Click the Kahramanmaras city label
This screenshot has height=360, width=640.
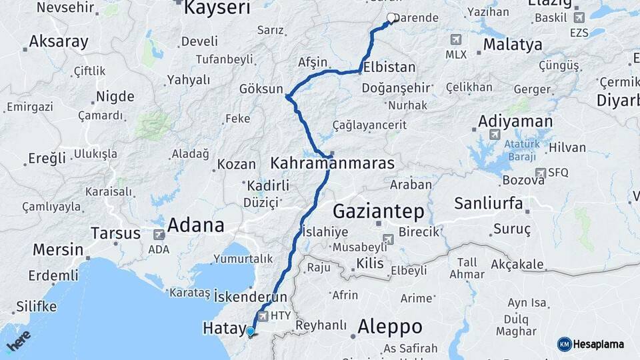tap(332, 163)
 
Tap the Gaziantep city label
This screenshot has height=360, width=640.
tap(378, 211)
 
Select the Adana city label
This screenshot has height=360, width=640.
tap(195, 225)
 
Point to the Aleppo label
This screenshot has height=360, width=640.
tap(390, 327)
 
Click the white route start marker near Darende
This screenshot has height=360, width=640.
tap(391, 18)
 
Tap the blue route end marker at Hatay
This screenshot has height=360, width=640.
tap(250, 331)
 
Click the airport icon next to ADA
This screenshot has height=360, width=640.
tap(159, 235)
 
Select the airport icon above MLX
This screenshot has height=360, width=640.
tap(456, 40)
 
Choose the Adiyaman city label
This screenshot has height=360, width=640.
tap(515, 121)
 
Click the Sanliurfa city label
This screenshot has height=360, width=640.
tap(489, 203)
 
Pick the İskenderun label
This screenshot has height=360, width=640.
tap(251, 297)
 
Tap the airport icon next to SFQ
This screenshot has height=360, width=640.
tap(540, 173)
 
